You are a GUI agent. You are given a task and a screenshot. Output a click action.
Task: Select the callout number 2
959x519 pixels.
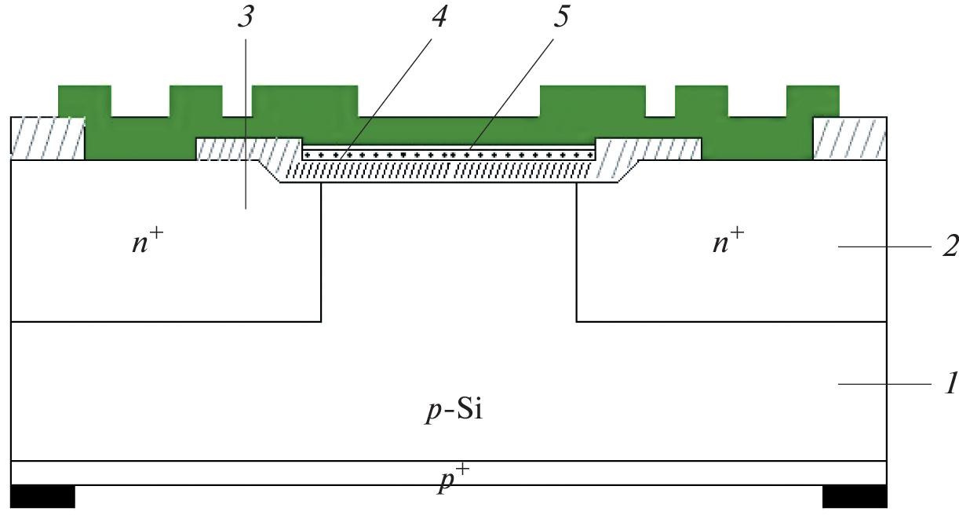point(950,247)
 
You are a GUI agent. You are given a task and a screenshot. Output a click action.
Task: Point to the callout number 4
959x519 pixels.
point(438,18)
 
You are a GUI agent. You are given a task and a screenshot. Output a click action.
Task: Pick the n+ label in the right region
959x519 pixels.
point(728,242)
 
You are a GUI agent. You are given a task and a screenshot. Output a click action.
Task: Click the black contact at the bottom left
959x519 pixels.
point(43,497)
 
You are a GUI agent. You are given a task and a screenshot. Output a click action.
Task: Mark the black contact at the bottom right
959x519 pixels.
point(855,497)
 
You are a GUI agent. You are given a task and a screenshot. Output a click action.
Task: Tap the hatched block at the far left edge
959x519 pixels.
point(47,138)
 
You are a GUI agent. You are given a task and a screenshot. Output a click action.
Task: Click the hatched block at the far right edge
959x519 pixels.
point(850,138)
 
